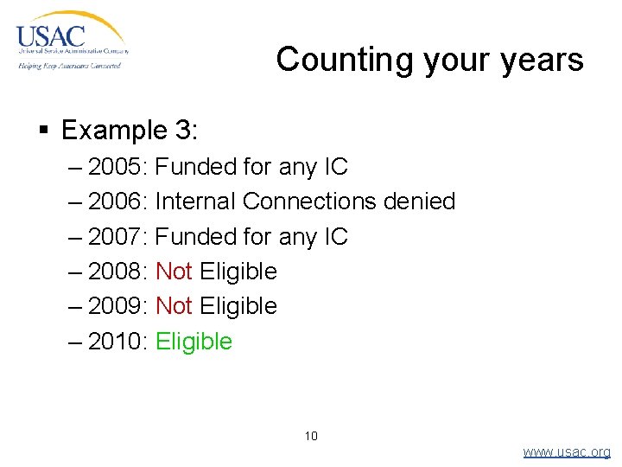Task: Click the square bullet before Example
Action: pyautogui.click(x=44, y=131)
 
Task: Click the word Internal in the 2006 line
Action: pyautogui.click(x=195, y=202)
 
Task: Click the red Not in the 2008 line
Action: pyautogui.click(x=174, y=272)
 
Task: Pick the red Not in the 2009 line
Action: pyautogui.click(x=174, y=306)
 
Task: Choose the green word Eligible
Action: pyautogui.click(x=194, y=342)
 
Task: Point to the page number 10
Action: pyautogui.click(x=311, y=436)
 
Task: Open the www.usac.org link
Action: pyautogui.click(x=567, y=451)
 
